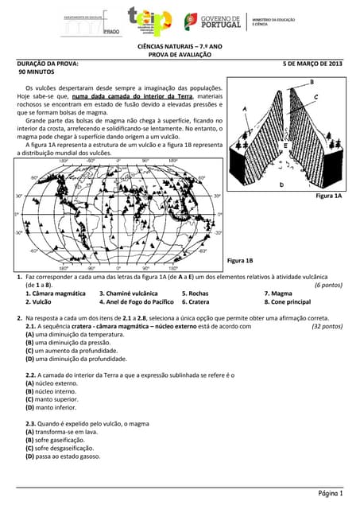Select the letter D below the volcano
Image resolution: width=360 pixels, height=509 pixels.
click(281, 185)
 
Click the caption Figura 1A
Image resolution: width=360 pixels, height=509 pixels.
click(327, 196)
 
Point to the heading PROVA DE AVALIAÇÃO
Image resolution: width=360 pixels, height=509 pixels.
click(180, 54)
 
